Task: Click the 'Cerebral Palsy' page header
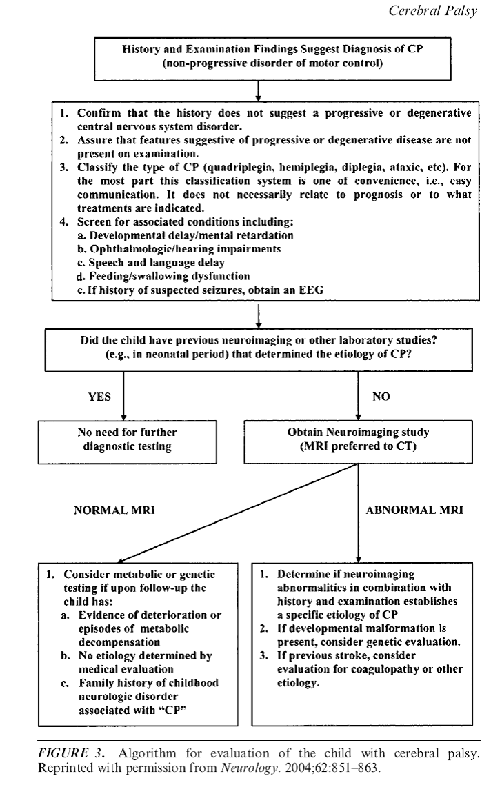point(433,11)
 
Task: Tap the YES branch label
point(99,397)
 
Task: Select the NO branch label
point(381,397)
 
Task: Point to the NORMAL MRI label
point(114,510)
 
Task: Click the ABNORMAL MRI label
point(414,510)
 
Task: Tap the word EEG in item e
point(311,290)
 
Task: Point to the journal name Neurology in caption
point(248,768)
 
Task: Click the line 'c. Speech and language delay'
point(151,263)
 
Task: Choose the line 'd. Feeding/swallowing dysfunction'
point(163,277)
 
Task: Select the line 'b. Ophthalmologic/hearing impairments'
point(179,249)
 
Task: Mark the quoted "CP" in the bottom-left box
point(172,711)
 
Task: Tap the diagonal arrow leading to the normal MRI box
point(237,513)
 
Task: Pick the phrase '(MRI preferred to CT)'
point(358,446)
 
